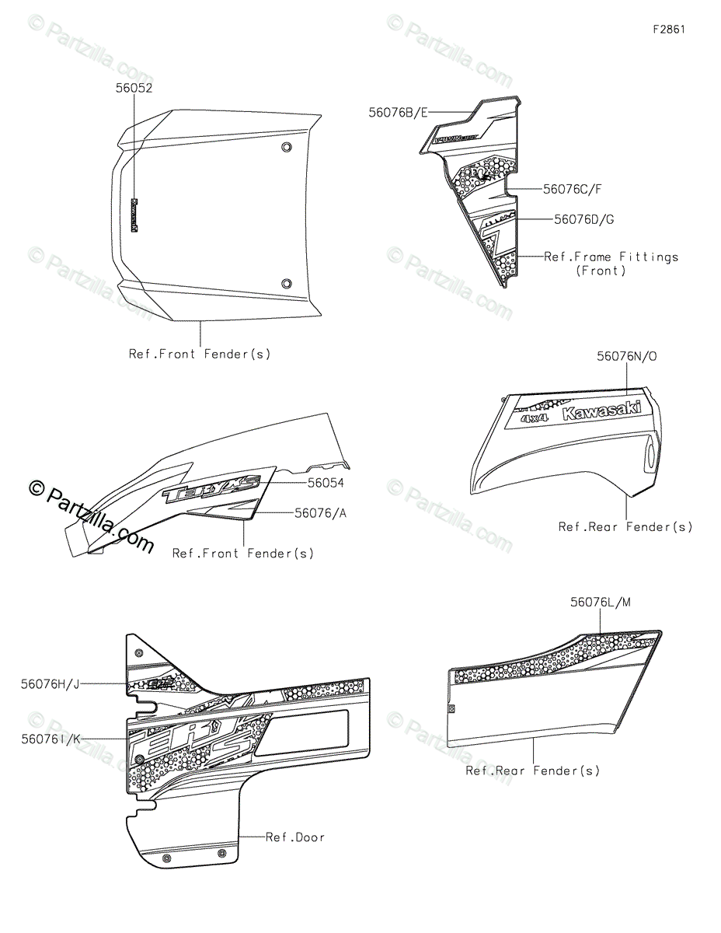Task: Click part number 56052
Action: [134, 88]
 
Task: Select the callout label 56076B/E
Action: [399, 113]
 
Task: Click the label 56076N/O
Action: [626, 357]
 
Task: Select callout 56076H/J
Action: [51, 683]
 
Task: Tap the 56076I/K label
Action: [51, 739]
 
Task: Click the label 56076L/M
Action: [600, 602]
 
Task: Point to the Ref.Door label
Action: [294, 837]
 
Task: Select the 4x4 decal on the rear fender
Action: [535, 418]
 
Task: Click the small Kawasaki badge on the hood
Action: [134, 215]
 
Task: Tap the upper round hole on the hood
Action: [287, 148]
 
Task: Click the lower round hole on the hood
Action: [287, 283]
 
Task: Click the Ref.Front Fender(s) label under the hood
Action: [200, 354]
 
